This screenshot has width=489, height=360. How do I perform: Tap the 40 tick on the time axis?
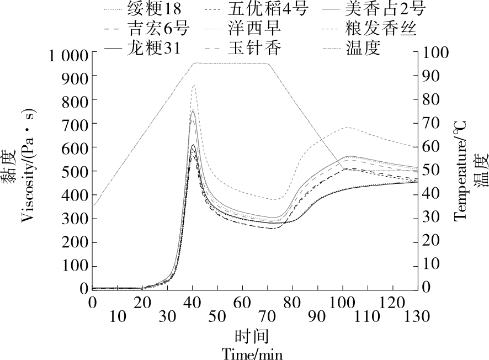pos(192,303)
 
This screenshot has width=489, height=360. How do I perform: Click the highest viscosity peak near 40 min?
pos(193,84)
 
